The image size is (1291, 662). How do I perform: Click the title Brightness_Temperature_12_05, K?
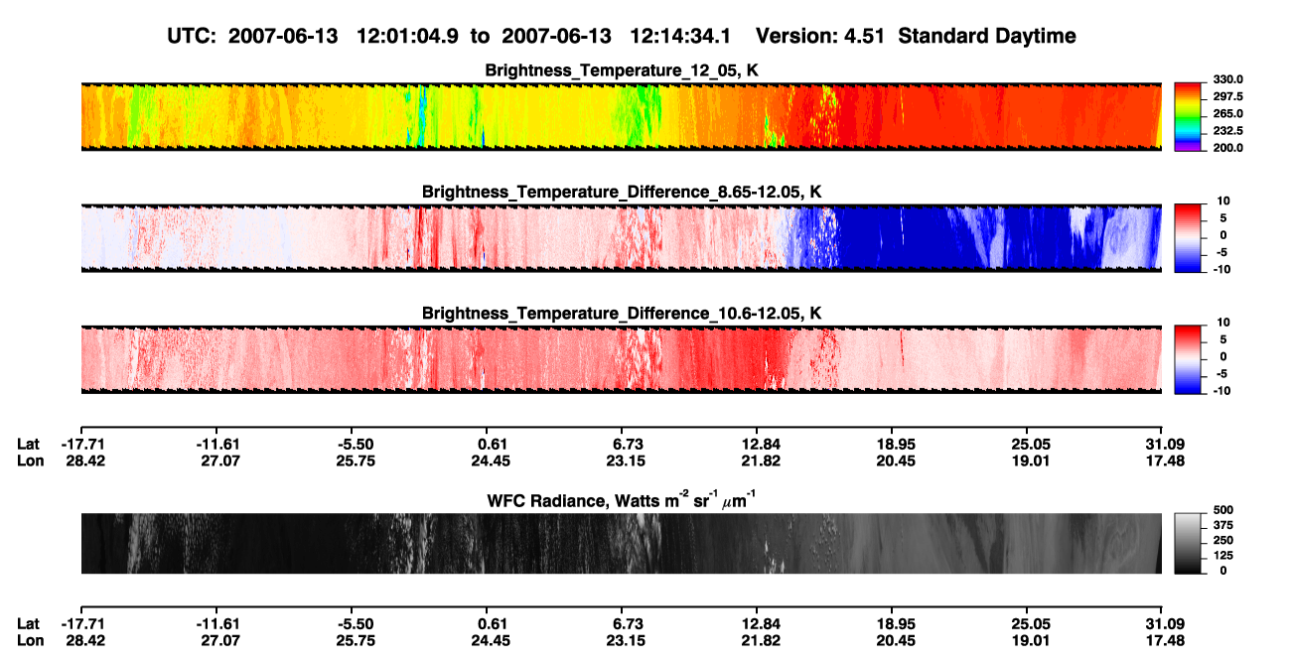coord(622,70)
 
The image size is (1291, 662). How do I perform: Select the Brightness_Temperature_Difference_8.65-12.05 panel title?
coord(622,192)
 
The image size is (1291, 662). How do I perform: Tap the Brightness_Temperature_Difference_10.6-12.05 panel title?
coord(622,314)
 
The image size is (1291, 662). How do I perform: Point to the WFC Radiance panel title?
coord(622,500)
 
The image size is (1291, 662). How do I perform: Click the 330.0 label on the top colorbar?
coord(1227,79)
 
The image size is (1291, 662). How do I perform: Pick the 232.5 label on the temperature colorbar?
coord(1227,131)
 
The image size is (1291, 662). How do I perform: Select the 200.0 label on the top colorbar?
coord(1227,148)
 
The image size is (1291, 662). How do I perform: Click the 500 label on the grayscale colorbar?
coord(1223,510)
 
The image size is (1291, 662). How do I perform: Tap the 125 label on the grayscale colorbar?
coord(1223,556)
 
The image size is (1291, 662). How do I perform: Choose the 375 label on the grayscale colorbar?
coord(1223,525)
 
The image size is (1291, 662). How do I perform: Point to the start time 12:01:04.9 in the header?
coord(407,36)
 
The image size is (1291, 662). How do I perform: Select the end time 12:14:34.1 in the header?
coord(680,36)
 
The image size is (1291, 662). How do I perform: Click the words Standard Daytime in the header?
coord(987,36)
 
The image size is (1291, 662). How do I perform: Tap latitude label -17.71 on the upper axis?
coord(82,445)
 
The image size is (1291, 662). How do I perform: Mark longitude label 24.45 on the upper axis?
coord(491,461)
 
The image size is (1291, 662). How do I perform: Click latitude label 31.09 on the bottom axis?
coord(1165,624)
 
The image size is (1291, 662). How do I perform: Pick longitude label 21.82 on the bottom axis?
coord(761,641)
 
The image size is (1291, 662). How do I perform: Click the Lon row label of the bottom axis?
coord(30,641)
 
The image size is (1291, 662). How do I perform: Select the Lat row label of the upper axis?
coord(28,445)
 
